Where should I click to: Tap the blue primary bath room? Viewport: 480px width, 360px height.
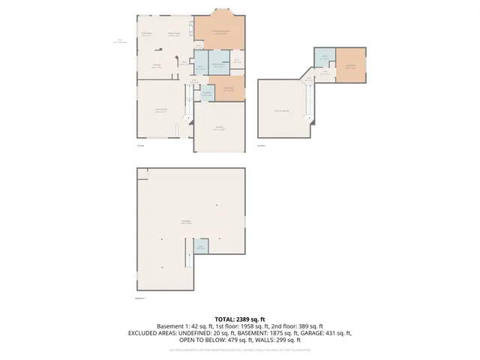click(219, 64)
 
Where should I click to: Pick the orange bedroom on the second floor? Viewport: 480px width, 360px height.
click(350, 64)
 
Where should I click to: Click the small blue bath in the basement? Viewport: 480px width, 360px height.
click(200, 247)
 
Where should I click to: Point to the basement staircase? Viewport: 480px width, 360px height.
click(189, 262)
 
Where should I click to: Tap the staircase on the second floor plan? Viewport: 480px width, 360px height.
click(307, 101)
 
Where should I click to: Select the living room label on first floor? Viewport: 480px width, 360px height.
click(160, 110)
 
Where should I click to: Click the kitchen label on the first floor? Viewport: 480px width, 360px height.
click(157, 67)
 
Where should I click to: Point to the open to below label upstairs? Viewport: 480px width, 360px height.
click(283, 111)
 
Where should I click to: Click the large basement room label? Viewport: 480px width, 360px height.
click(184, 222)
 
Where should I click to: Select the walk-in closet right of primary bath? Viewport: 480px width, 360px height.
click(236, 61)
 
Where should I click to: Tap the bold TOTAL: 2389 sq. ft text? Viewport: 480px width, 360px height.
click(239, 319)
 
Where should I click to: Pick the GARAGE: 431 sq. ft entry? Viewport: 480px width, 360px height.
click(329, 333)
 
